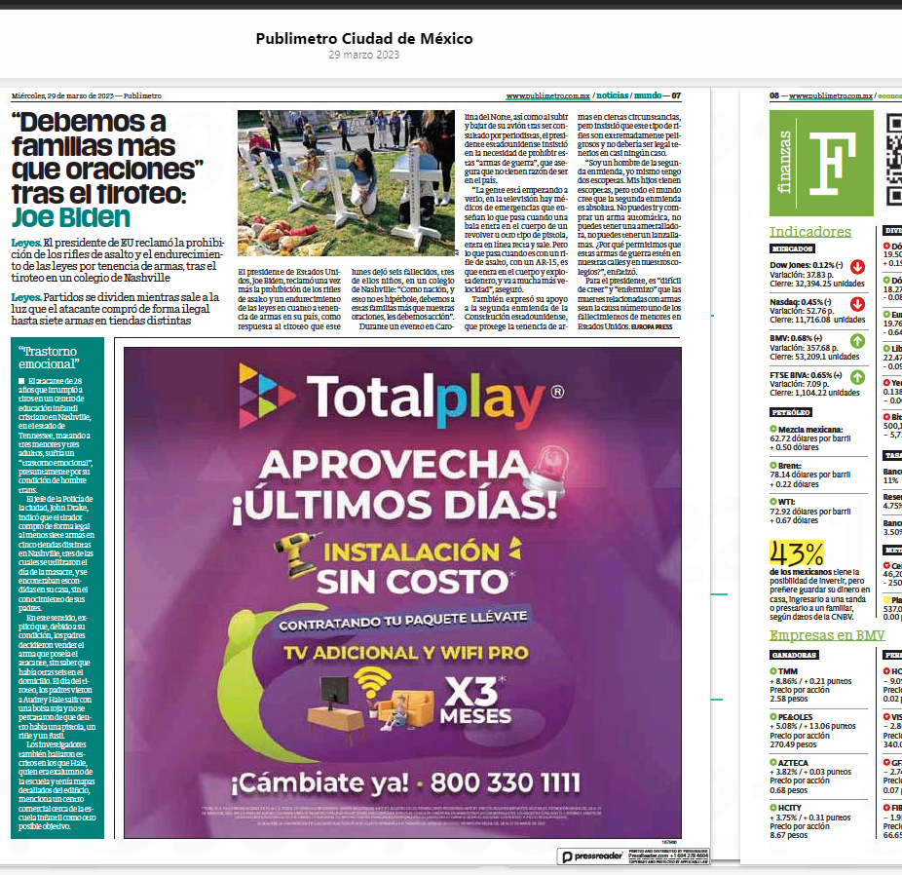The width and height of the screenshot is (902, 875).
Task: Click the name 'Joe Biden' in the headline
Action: point(71,216)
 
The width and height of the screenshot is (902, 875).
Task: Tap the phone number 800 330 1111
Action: point(507,781)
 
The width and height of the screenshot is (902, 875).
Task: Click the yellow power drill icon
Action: point(293,555)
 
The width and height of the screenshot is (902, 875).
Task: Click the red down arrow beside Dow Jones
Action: point(857,265)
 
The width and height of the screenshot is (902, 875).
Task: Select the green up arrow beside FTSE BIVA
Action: point(857,375)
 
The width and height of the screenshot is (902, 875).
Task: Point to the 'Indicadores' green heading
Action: point(809,232)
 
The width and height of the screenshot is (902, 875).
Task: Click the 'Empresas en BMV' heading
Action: point(826,635)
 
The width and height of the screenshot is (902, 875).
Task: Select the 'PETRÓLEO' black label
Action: point(791,413)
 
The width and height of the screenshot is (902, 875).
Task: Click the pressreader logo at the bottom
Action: point(594,856)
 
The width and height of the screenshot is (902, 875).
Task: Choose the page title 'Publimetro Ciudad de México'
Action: point(363,39)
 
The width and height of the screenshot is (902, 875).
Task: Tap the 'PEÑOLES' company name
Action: point(796,716)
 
